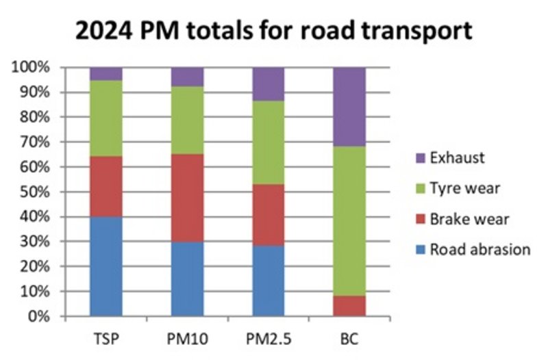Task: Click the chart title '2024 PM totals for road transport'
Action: click(274, 30)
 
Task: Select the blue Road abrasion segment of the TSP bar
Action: click(106, 266)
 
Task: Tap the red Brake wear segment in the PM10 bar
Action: click(187, 198)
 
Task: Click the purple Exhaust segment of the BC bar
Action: click(349, 107)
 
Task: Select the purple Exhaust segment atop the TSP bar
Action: click(106, 74)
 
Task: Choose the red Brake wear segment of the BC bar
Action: click(349, 306)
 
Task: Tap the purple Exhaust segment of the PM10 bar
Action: click(187, 77)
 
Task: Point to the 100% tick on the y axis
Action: click(30, 68)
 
